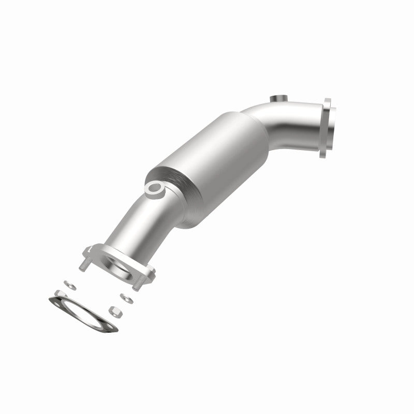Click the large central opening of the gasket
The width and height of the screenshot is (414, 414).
pos(83,314)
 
